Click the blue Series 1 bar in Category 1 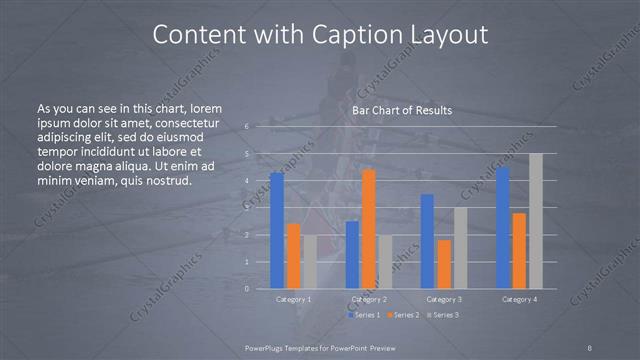pyautogui.click(x=277, y=231)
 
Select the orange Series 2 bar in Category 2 pyautogui.click(x=369, y=229)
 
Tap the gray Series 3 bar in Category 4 pyautogui.click(x=536, y=221)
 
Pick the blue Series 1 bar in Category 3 pyautogui.click(x=427, y=241)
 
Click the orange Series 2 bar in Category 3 pyautogui.click(x=444, y=264)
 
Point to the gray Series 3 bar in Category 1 pyautogui.click(x=310, y=262)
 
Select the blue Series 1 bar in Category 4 pyautogui.click(x=502, y=228)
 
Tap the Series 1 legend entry pyautogui.click(x=364, y=315)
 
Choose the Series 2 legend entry pyautogui.click(x=402, y=315)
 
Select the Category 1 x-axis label pyautogui.click(x=293, y=299)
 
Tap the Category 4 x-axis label pyautogui.click(x=519, y=299)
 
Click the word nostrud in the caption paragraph pyautogui.click(x=162, y=180)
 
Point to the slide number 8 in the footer pyautogui.click(x=590, y=347)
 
